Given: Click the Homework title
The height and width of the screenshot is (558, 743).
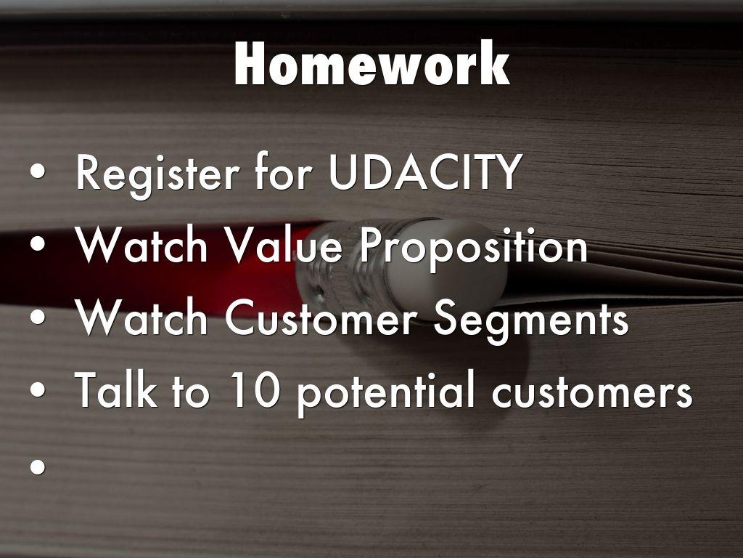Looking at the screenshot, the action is tap(371, 64).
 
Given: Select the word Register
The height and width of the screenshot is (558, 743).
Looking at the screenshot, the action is tap(157, 174).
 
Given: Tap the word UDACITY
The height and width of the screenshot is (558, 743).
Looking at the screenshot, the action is tap(424, 171).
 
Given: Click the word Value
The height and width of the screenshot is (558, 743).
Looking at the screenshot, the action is tap(284, 245).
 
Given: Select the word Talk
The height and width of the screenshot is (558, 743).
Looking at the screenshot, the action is tap(115, 389).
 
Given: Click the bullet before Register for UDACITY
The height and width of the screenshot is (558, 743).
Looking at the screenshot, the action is tap(38, 171).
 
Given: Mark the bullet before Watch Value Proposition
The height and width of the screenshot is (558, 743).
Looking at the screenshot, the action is tap(38, 244).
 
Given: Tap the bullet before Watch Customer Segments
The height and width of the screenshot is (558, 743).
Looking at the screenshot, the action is tap(38, 317).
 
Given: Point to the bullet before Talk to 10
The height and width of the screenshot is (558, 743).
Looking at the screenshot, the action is tap(38, 390).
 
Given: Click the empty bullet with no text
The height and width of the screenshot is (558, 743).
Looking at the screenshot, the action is tap(38, 466).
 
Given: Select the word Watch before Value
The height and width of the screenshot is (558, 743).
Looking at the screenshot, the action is tap(141, 245).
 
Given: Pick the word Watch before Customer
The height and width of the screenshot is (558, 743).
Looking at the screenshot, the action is tap(141, 318).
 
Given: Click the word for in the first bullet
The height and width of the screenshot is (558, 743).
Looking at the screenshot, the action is tap(284, 171).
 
